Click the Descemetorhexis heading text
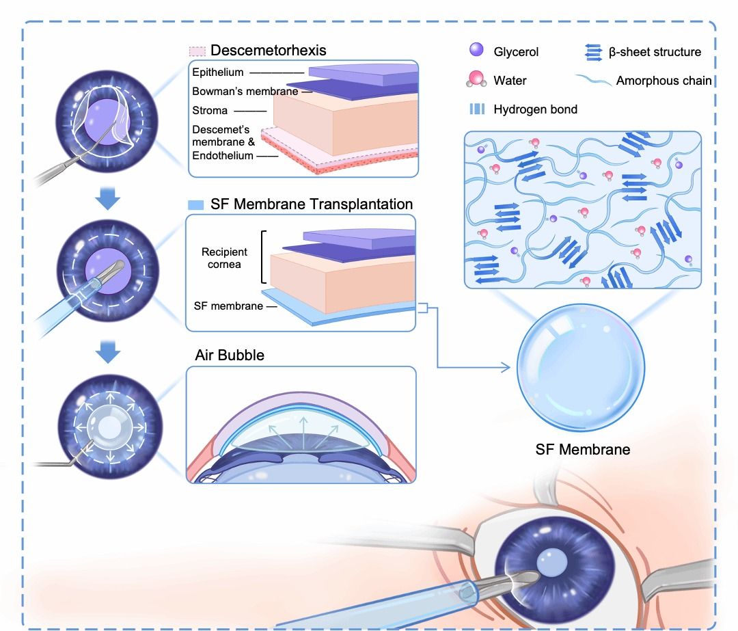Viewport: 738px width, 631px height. click(268, 50)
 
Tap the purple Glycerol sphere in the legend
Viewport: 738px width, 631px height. click(476, 51)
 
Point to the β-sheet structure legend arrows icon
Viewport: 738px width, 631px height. click(592, 51)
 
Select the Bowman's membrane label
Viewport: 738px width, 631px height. click(245, 91)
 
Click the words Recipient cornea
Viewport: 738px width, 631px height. click(225, 258)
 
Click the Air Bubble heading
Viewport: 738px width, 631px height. click(230, 355)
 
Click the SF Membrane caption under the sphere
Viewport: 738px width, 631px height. click(583, 449)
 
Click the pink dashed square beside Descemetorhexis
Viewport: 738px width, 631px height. click(197, 51)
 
